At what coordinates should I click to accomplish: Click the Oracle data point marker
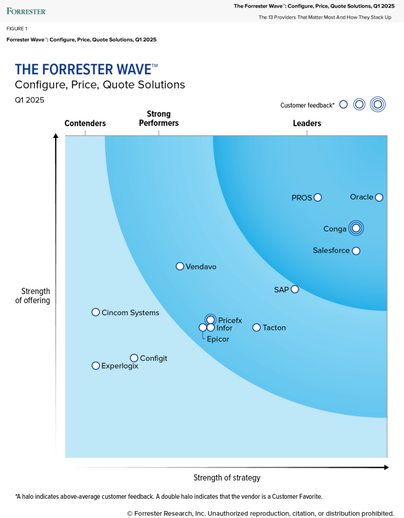point(379,197)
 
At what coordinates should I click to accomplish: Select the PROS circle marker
point(318,198)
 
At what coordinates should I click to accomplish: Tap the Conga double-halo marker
point(356,228)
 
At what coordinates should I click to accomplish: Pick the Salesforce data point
point(356,251)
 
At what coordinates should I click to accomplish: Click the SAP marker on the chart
point(295,289)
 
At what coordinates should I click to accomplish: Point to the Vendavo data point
point(179,266)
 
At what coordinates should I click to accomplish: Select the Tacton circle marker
point(256,327)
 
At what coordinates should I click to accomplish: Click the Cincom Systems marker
point(96,312)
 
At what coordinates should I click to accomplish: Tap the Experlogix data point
point(96,365)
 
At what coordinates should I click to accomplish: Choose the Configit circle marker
point(134,358)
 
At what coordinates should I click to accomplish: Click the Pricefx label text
point(230,320)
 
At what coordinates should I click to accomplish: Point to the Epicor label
point(218,339)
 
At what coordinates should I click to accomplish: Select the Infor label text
point(225,328)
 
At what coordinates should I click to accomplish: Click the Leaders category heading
point(307,123)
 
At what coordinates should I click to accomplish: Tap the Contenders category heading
point(85,123)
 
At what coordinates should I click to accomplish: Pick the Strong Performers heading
point(159,118)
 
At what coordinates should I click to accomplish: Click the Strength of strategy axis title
point(227,478)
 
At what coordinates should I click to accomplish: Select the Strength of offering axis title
point(36,296)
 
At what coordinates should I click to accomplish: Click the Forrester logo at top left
point(26,11)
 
